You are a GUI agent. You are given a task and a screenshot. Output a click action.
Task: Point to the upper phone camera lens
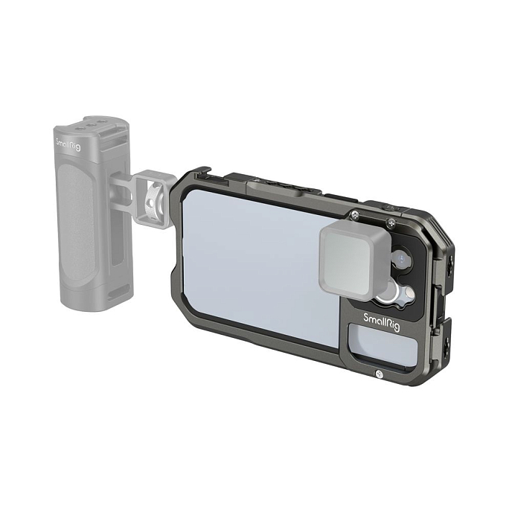[401, 260]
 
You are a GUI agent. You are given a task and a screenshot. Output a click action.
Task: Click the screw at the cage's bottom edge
[380, 374]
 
